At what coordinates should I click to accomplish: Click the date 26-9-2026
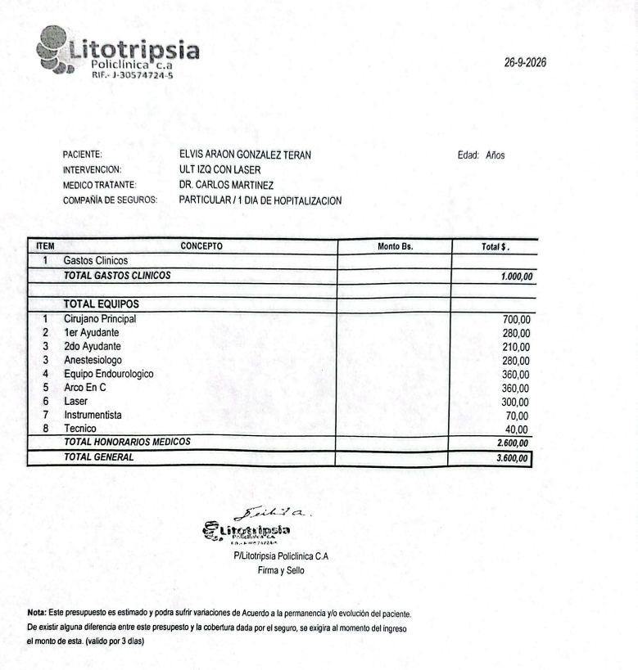click(x=527, y=63)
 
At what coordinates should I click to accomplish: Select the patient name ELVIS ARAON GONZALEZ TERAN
click(x=244, y=155)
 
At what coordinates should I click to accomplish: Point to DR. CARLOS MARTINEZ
click(x=225, y=185)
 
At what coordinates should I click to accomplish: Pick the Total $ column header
click(x=495, y=245)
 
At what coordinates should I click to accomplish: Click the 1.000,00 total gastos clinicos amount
click(x=516, y=277)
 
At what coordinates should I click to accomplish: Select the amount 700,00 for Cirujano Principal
click(x=516, y=319)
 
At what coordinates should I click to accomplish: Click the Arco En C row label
click(x=85, y=388)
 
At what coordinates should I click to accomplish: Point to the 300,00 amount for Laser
click(x=516, y=402)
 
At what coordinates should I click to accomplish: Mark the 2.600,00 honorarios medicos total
click(x=514, y=443)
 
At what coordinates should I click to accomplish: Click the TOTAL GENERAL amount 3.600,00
click(x=514, y=458)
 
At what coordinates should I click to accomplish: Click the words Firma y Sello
click(x=280, y=571)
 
